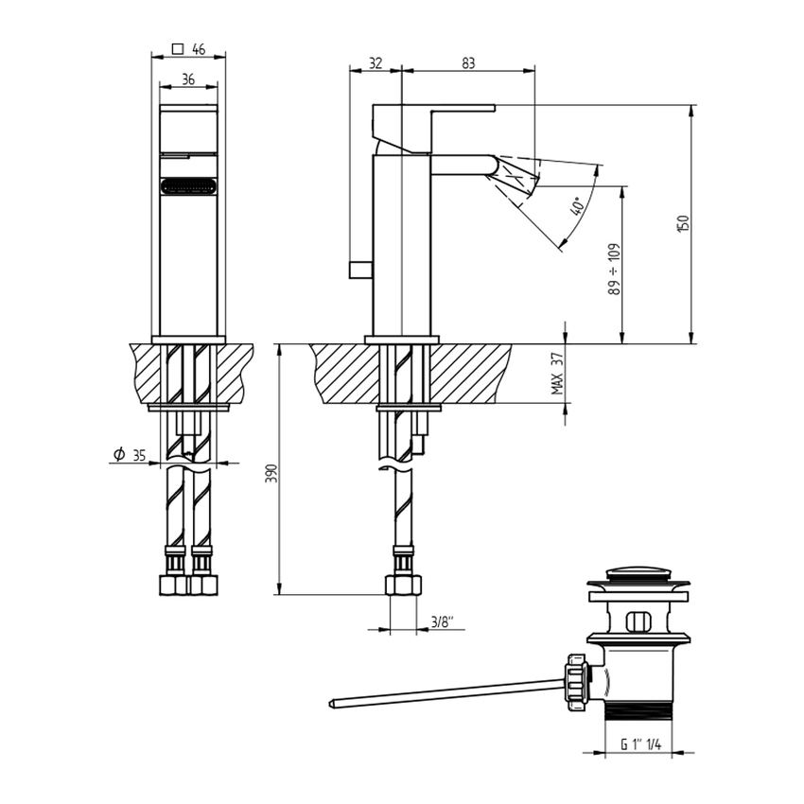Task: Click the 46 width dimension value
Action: (199, 49)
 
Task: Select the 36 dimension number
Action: (188, 79)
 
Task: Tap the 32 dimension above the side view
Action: (376, 63)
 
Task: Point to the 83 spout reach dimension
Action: (468, 63)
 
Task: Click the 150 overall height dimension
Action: (684, 223)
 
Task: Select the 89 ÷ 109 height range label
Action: (614, 269)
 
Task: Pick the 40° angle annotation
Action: (577, 206)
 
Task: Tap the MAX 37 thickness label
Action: (557, 374)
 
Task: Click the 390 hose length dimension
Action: (271, 473)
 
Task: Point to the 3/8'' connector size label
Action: (443, 622)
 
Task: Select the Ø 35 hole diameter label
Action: (130, 454)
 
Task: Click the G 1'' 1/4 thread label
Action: (640, 744)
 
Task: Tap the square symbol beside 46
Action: (178, 49)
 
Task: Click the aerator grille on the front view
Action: (188, 185)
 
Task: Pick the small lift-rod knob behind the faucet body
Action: (361, 270)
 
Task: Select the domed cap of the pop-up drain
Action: (638, 573)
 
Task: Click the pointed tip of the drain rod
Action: (331, 704)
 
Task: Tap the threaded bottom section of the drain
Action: (638, 710)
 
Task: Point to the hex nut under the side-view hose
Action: (403, 586)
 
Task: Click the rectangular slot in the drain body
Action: (638, 621)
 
